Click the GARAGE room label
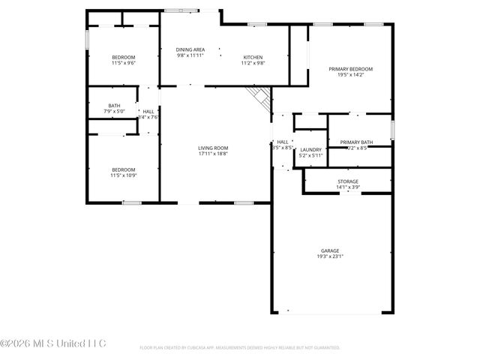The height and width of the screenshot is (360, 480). click(330, 250)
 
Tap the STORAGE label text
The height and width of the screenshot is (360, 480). click(347, 181)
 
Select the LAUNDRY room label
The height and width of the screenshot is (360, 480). click(310, 150)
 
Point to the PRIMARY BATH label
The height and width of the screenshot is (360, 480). click(356, 142)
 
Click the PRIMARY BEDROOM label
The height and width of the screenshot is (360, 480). click(351, 69)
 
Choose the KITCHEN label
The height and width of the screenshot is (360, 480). click(253, 58)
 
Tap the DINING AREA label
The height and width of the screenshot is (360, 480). click(190, 49)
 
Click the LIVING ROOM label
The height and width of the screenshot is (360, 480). click(213, 148)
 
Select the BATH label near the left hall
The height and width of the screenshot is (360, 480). click(114, 106)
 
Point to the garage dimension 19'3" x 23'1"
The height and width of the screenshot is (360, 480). click(330, 256)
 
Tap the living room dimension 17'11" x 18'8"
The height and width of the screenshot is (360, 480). click(213, 154)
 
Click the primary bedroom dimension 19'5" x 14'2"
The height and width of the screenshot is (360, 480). click(351, 75)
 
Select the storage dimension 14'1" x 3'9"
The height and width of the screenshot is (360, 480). click(347, 187)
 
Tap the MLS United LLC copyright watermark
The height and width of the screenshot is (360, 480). click(53, 344)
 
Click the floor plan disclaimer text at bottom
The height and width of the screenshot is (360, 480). click(240, 348)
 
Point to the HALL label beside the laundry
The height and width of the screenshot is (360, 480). click(282, 142)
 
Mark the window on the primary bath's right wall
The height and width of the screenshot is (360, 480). click(391, 129)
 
